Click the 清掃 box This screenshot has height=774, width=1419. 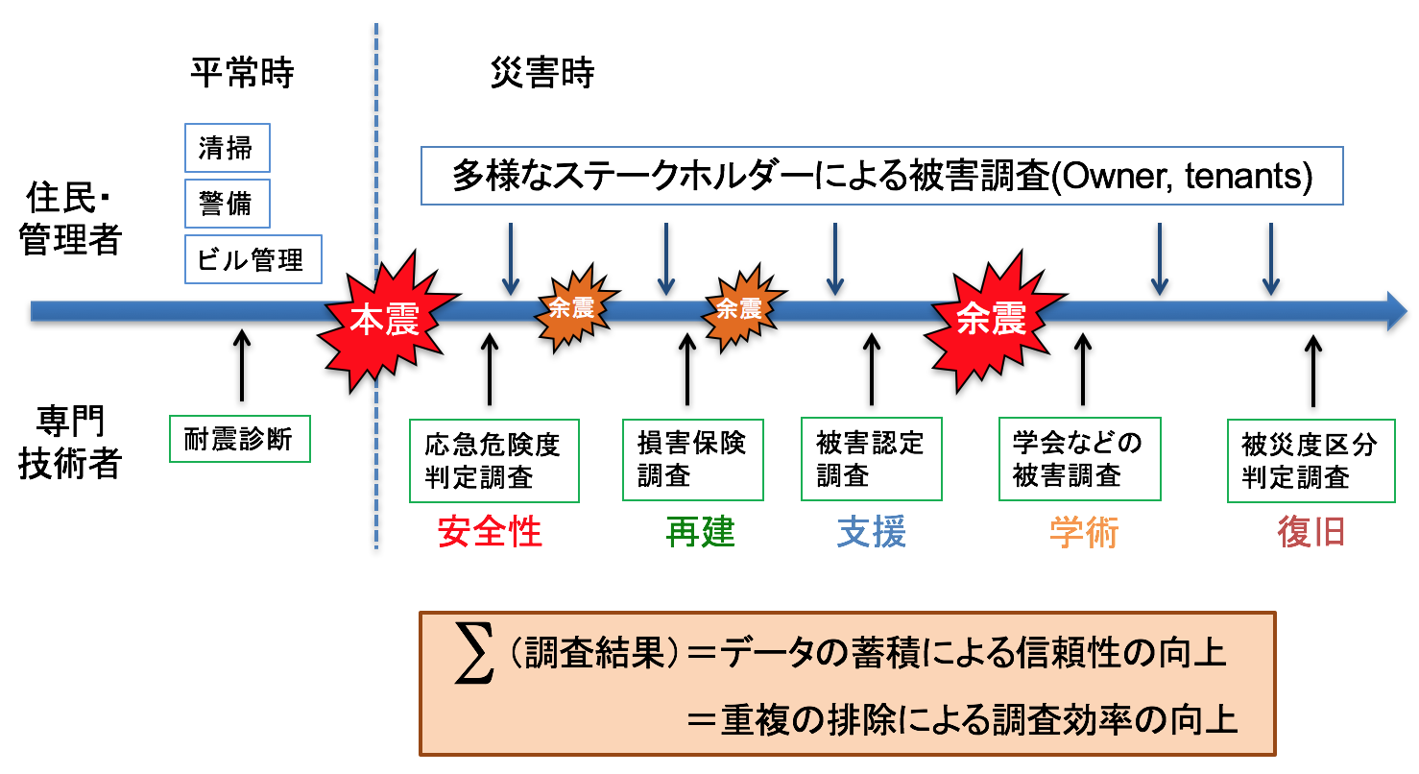click(x=227, y=148)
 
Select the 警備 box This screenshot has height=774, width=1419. click(x=227, y=204)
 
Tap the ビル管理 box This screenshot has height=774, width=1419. click(x=252, y=259)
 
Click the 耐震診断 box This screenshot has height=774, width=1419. click(x=239, y=439)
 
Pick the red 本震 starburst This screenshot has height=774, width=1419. click(x=383, y=321)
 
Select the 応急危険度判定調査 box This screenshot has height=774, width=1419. click(x=493, y=460)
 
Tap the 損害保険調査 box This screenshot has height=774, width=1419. click(x=692, y=459)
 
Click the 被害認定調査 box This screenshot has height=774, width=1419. click(x=871, y=459)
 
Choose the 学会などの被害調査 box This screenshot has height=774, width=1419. click(x=1079, y=459)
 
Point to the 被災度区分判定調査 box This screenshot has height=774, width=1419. click(x=1311, y=460)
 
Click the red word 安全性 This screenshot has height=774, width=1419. click(x=491, y=531)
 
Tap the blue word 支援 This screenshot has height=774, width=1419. click(x=872, y=531)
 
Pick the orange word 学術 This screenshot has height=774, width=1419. click(x=1084, y=531)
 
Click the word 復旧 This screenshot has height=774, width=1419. click(x=1311, y=531)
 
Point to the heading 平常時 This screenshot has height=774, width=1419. click(x=241, y=74)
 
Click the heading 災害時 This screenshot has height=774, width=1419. click(x=542, y=74)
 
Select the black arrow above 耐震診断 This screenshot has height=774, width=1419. click(x=241, y=364)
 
